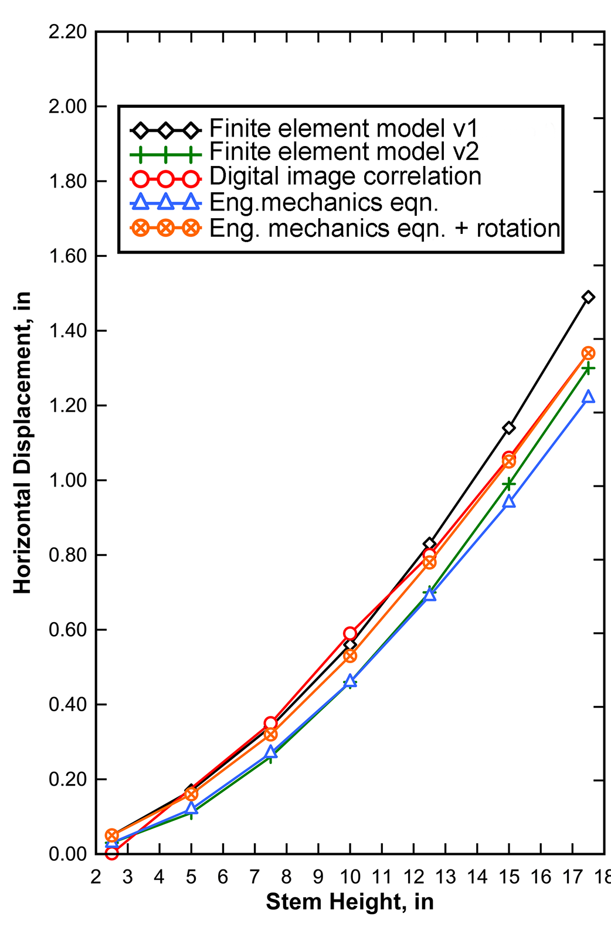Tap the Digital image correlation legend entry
(x=345, y=177)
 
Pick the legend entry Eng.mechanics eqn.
(x=324, y=202)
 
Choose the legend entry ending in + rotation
(x=384, y=228)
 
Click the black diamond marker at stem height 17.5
(x=588, y=297)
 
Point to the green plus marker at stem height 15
(x=509, y=484)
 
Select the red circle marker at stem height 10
(x=350, y=633)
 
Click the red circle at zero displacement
(x=111, y=853)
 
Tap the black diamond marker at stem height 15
(x=509, y=428)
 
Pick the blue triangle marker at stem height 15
(x=509, y=502)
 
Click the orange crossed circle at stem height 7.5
(x=270, y=734)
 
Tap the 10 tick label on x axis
(x=350, y=877)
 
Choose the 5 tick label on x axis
(x=191, y=877)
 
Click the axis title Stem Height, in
(x=349, y=902)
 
